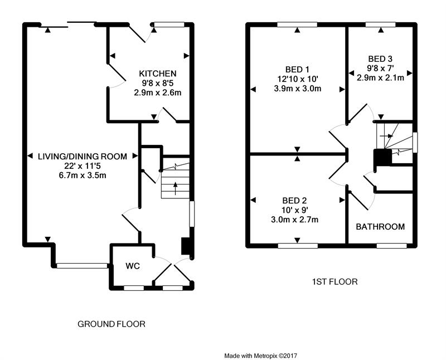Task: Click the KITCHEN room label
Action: click(x=158, y=74)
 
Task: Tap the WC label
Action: click(x=133, y=266)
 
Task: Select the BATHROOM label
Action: click(x=380, y=227)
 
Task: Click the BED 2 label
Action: click(x=295, y=201)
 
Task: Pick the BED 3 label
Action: click(x=380, y=59)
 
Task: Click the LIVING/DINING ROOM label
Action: click(x=83, y=156)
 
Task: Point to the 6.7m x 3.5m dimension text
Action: click(x=83, y=176)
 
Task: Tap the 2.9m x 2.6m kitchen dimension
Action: click(x=158, y=93)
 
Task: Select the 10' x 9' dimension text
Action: click(x=295, y=210)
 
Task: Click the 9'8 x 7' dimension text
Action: click(x=380, y=68)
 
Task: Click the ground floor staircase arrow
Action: click(x=176, y=188)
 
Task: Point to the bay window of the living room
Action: click(x=83, y=266)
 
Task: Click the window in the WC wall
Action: click(x=134, y=288)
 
